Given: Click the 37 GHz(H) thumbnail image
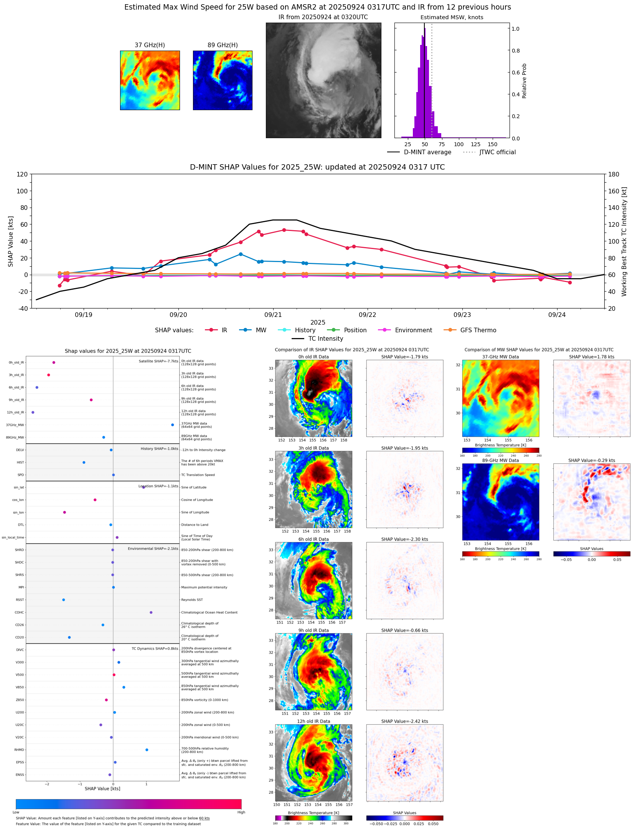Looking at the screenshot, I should point(150,80).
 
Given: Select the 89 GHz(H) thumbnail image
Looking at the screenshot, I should point(223,80).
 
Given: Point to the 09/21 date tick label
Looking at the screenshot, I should point(273,315).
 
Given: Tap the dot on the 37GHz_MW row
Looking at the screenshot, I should point(173,425).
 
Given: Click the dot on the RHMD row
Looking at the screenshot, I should point(147,750).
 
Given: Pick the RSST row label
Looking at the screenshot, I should point(20,600).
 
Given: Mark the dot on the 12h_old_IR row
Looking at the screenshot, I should point(33,412).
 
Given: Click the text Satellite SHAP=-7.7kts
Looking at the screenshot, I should point(158,361).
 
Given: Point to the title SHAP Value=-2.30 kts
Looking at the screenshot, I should point(404,539).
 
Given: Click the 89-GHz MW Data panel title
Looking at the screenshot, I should point(500,460).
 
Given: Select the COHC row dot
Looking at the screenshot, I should point(151,612).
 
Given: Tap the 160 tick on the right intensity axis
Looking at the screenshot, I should point(614,191).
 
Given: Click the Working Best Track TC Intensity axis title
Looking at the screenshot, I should point(624,241).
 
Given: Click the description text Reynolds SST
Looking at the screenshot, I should point(192,600).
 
